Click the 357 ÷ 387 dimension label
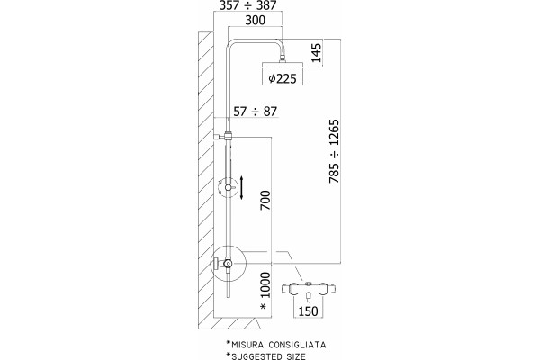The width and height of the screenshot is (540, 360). (x=248, y=5)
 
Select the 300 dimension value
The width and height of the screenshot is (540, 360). (x=256, y=21)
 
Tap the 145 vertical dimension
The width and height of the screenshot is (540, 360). (x=316, y=52)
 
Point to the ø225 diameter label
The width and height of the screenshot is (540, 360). (x=283, y=79)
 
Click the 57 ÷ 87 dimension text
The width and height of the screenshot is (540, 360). (x=256, y=112)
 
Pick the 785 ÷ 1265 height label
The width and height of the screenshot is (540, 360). (x=334, y=151)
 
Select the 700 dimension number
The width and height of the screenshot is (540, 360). (x=265, y=200)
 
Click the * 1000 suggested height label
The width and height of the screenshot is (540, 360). (x=265, y=291)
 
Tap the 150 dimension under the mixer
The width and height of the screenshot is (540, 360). (x=308, y=311)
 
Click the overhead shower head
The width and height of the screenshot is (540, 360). (x=283, y=65)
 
